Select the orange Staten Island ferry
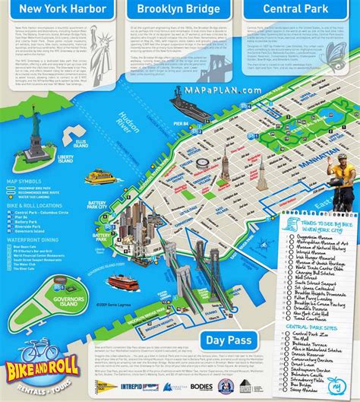click(x=122, y=281)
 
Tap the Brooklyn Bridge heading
click(x=179, y=10)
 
